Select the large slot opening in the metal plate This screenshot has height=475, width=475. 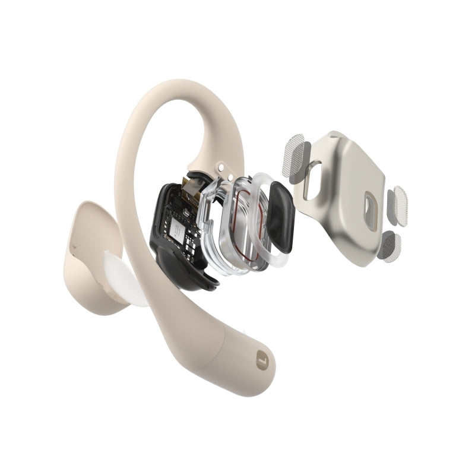(313, 180)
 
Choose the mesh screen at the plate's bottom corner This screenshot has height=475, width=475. (390, 245)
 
